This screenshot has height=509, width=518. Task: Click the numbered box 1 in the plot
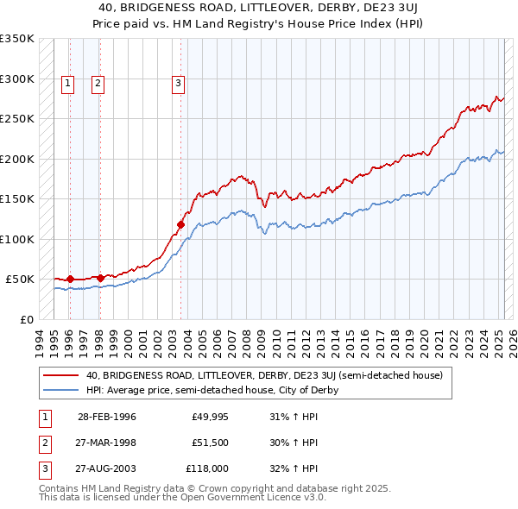click(x=68, y=84)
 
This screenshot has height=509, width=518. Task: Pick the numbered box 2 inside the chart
click(x=98, y=84)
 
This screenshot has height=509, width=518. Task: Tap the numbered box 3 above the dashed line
click(x=178, y=84)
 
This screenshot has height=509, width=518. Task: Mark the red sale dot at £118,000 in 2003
click(x=181, y=225)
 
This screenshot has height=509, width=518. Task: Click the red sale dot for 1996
click(x=70, y=280)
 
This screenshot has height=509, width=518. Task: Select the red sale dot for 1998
click(x=101, y=278)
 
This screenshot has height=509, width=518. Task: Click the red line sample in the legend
click(x=60, y=375)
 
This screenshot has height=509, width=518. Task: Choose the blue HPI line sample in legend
click(x=60, y=390)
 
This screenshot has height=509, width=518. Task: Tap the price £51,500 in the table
click(x=210, y=443)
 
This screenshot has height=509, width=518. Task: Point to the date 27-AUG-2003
click(x=107, y=468)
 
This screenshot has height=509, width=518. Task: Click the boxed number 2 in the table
click(x=43, y=443)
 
